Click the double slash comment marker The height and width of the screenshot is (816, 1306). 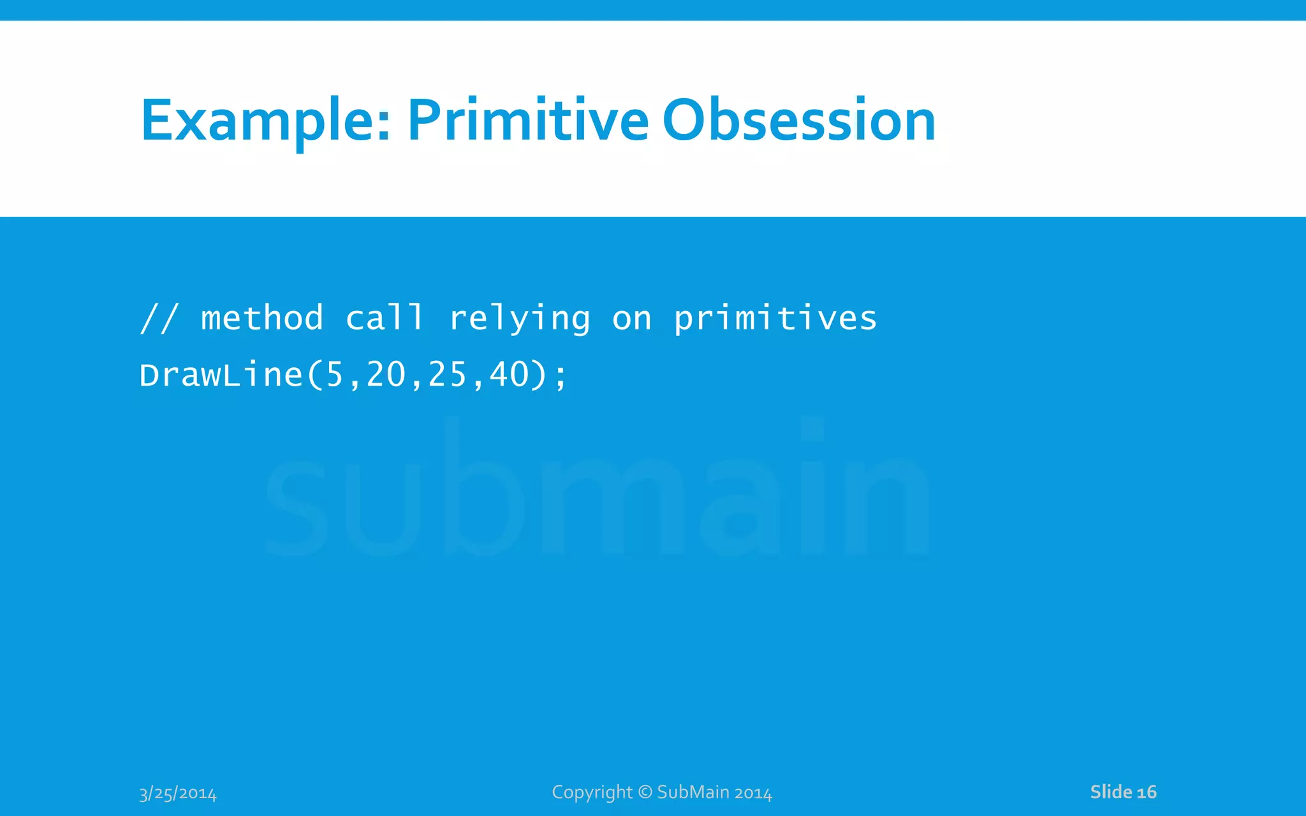[159, 318]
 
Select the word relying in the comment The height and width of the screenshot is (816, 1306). [520, 319]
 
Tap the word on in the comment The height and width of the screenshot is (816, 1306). [632, 319]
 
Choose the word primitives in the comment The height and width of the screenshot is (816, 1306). [775, 319]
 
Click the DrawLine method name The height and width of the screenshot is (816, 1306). [221, 375]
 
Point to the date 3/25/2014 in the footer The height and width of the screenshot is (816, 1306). [178, 794]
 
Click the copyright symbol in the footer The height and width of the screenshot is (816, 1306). [645, 792]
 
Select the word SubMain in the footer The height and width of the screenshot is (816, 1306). [693, 792]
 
